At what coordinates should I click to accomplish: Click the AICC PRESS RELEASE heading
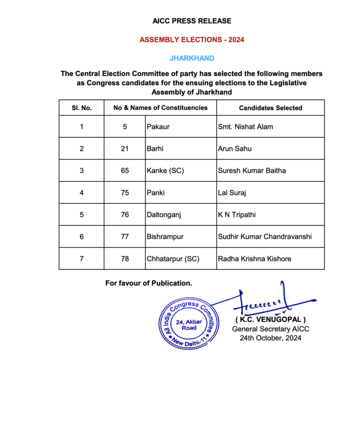pyautogui.click(x=191, y=21)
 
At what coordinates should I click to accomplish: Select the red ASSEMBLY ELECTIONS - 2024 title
pyautogui.click(x=191, y=40)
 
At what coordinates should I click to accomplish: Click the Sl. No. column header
pyautogui.click(x=81, y=108)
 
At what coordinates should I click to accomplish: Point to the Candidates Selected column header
pyautogui.click(x=270, y=108)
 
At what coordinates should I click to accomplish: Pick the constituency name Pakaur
pyautogui.click(x=158, y=127)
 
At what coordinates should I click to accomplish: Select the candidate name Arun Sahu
pyautogui.click(x=235, y=149)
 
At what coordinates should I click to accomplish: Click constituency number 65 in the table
pyautogui.click(x=125, y=171)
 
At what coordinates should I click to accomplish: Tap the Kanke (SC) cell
pyautogui.click(x=165, y=171)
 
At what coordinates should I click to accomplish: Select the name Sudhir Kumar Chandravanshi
pyautogui.click(x=266, y=237)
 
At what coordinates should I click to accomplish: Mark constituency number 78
pyautogui.click(x=125, y=259)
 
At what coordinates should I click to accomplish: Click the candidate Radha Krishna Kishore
pyautogui.click(x=255, y=259)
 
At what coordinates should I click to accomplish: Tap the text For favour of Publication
pyautogui.click(x=149, y=283)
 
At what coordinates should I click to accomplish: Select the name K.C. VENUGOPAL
pyautogui.click(x=271, y=320)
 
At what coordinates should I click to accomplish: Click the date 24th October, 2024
pyautogui.click(x=271, y=338)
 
